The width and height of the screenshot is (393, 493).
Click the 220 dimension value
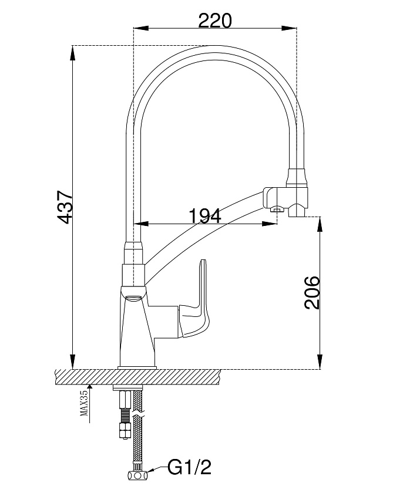point(215,21)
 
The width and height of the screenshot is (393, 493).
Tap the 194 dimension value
point(205,216)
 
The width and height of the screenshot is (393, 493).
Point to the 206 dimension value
point(312,293)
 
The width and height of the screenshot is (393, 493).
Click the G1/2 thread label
point(189,467)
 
